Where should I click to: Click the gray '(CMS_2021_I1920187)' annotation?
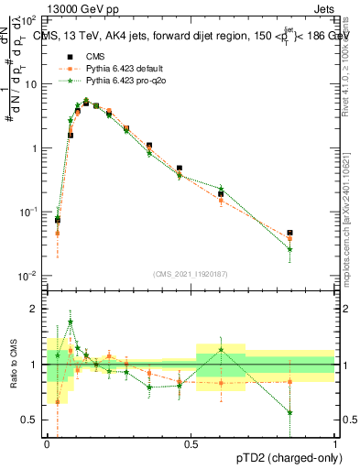pos(191,272)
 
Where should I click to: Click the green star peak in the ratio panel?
pos(71,322)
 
